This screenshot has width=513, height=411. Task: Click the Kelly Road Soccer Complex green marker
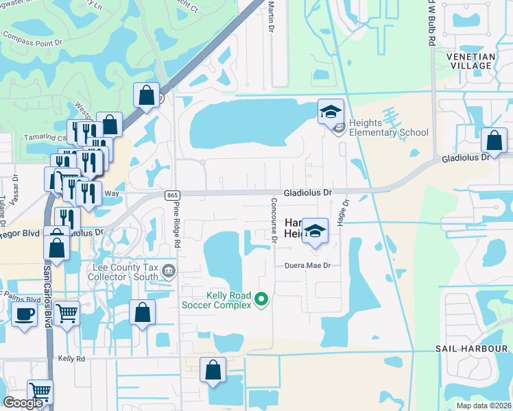click(x=261, y=299)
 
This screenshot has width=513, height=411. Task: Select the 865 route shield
click(x=172, y=195)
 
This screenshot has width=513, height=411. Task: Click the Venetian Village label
click(x=468, y=61)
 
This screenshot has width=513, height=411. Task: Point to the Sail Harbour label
click(x=471, y=349)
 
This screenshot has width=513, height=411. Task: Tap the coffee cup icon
click(x=25, y=314)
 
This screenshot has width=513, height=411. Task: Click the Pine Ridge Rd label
click(x=177, y=224)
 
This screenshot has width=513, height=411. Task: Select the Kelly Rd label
click(x=71, y=358)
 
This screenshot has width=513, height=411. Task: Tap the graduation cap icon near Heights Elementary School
click(x=331, y=111)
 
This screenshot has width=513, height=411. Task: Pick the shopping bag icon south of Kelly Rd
click(x=213, y=369)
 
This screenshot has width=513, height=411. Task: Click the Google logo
click(x=23, y=403)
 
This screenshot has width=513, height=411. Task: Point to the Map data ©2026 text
click(x=484, y=406)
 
